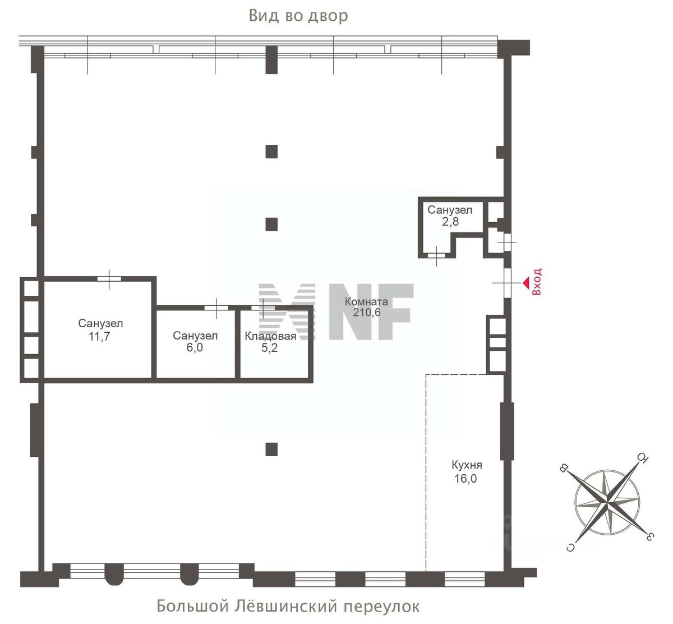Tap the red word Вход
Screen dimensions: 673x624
(537, 282)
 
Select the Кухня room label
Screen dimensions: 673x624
(467, 465)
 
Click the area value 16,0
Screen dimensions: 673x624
(465, 479)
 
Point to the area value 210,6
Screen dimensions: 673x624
(367, 313)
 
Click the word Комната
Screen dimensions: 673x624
(366, 301)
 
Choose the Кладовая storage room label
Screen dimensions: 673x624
(270, 336)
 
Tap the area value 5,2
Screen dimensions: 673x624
(269, 348)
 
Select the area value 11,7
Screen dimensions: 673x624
(99, 337)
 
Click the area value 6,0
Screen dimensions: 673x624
(195, 347)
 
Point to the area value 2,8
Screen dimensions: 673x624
(450, 222)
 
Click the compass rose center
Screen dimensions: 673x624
(607, 502)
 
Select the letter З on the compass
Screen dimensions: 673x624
(649, 536)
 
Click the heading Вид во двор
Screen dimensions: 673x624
(298, 16)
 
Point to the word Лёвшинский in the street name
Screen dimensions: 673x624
(286, 606)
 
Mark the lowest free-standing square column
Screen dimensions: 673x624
(271, 449)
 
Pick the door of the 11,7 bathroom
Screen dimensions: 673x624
(109, 279)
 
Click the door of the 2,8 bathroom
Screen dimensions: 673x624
(436, 256)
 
